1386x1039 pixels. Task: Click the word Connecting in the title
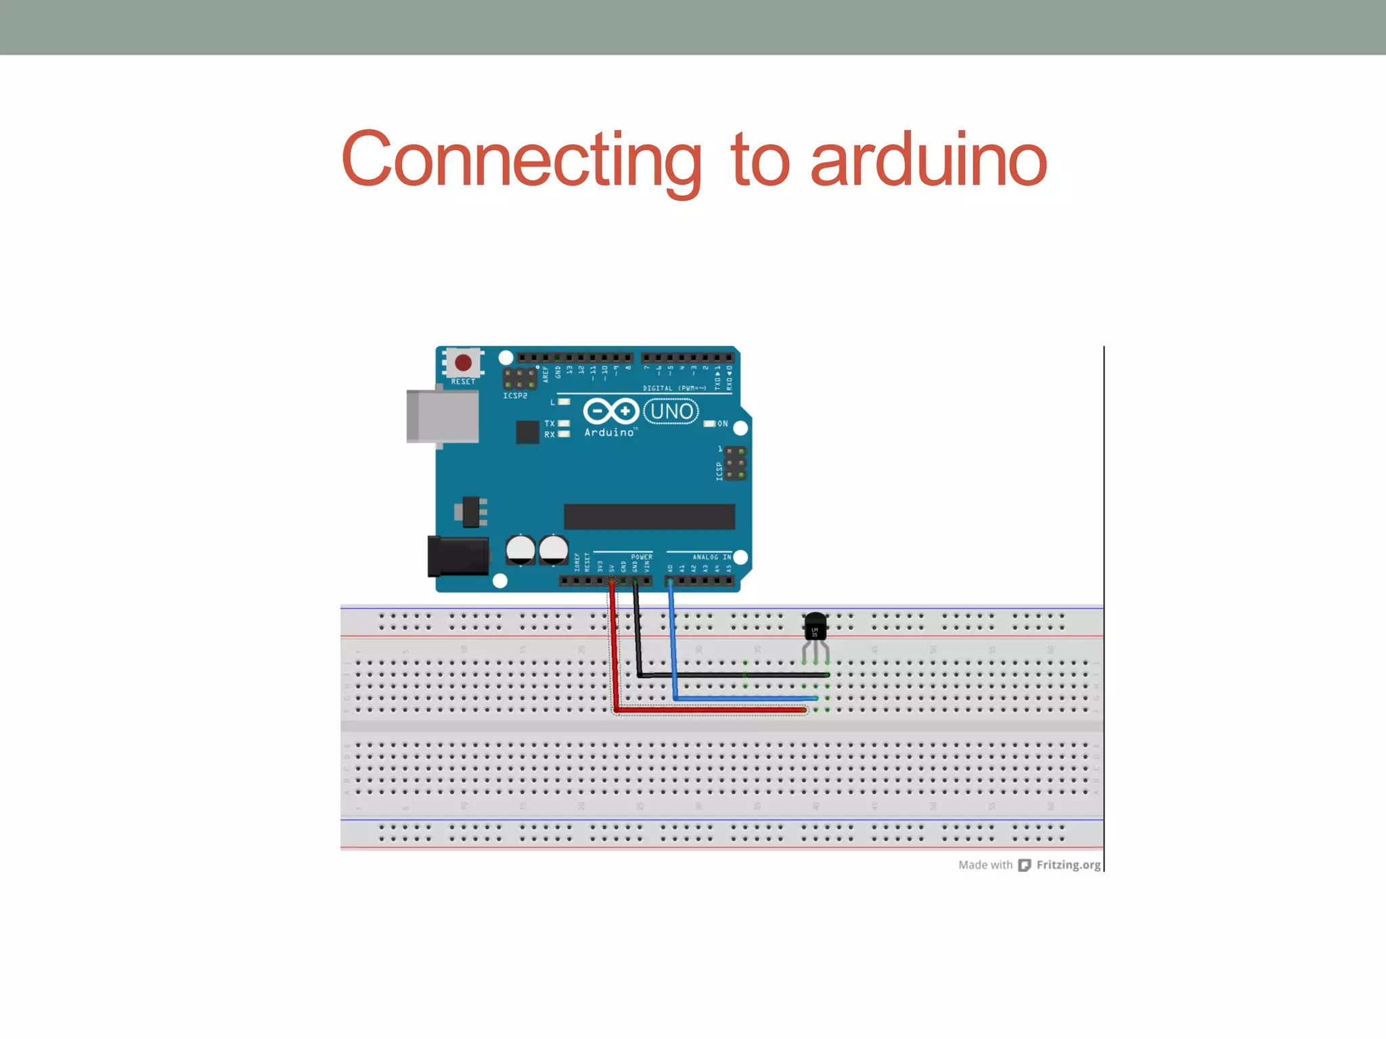point(521,160)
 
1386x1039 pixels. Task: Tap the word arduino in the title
point(929,160)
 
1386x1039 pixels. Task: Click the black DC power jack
point(458,556)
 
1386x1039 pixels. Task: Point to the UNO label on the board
point(671,411)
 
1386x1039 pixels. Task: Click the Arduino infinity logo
point(610,411)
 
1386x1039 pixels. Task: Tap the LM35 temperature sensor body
point(815,628)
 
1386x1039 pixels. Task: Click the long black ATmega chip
point(649,517)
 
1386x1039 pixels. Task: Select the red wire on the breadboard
point(711,710)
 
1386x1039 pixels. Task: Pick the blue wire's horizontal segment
point(744,698)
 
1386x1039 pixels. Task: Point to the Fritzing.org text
point(1069,865)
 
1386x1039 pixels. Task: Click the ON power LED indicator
point(709,423)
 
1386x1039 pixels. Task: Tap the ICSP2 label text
point(515,396)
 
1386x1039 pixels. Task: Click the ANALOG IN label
point(711,557)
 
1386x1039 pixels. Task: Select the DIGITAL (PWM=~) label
point(674,388)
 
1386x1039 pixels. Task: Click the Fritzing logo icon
point(1025,865)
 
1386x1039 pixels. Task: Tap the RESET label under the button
point(463,382)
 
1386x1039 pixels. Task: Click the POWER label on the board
point(642,557)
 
